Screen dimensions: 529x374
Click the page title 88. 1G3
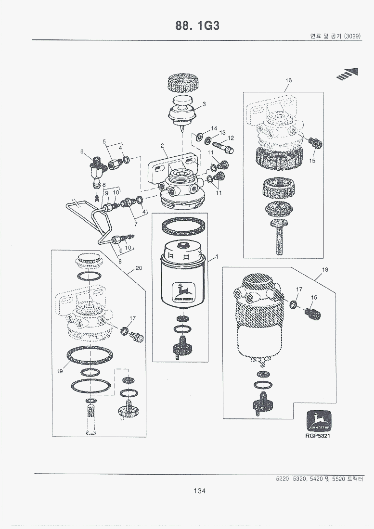coord(198,26)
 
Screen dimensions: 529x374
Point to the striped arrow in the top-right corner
coord(348,74)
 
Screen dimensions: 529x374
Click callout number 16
coord(288,80)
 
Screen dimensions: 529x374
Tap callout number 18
coord(325,270)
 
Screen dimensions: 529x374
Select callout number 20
coord(139,268)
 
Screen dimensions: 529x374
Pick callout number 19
coord(60,371)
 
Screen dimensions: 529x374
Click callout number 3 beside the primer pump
coord(204,104)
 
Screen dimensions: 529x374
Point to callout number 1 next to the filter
coord(217,257)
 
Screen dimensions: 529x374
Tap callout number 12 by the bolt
coord(231,138)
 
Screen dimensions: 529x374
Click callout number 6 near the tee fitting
coord(82,151)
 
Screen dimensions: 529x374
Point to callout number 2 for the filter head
coord(163,145)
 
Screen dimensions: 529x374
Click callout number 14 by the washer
coord(214,128)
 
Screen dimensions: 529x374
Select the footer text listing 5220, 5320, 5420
coord(318,479)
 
